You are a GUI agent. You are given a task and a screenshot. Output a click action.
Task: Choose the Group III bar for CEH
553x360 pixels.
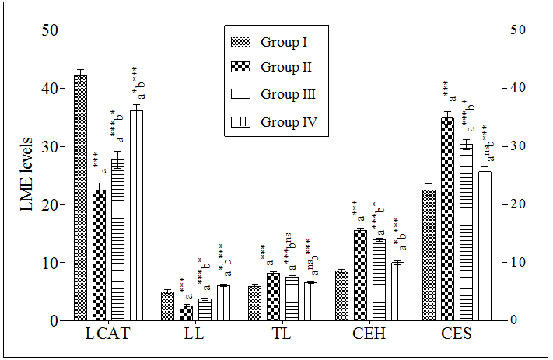point(379,280)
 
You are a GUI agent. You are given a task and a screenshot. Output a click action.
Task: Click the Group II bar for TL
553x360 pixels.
point(273,296)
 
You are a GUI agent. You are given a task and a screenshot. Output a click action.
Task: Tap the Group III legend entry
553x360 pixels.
point(289,94)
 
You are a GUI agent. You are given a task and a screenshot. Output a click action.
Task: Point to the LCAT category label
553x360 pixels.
point(107,335)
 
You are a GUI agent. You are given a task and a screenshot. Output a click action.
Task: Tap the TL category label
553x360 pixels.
point(282,335)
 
